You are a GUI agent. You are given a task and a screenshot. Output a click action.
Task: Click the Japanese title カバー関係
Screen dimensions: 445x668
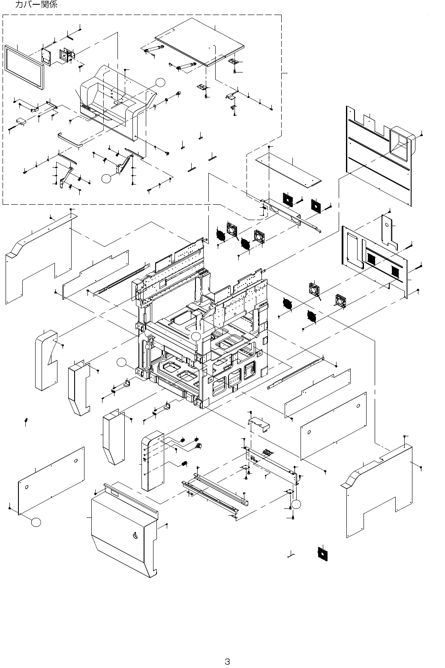tap(36, 4)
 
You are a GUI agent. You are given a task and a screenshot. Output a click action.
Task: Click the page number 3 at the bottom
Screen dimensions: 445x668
tap(227, 662)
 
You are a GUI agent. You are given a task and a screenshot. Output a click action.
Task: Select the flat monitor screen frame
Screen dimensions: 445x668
tap(24, 68)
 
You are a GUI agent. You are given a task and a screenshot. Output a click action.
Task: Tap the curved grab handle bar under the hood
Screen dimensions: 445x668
tap(70, 140)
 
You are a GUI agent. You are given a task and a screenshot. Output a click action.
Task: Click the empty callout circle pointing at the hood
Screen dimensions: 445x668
tap(160, 82)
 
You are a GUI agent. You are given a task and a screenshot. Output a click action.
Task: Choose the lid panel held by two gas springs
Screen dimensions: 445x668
tap(199, 42)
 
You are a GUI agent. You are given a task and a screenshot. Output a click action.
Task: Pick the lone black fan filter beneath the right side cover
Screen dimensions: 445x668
tap(322, 553)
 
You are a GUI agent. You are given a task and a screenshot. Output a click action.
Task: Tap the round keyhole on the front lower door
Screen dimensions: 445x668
tap(135, 536)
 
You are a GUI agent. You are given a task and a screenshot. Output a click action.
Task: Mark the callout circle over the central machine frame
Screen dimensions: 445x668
tap(196, 336)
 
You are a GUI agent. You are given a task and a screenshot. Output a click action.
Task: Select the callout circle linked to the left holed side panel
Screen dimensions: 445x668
tap(36, 522)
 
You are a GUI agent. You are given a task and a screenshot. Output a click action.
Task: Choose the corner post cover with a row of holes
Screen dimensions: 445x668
tap(153, 461)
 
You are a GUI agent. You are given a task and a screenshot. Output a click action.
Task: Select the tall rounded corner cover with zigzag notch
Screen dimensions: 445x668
tap(46, 360)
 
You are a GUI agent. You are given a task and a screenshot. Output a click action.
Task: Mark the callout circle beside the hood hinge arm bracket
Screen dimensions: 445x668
tap(106, 178)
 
